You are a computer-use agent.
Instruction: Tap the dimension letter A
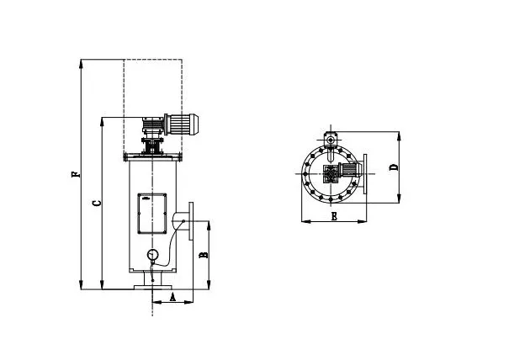click(172, 297)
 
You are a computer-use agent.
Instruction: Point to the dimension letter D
click(394, 167)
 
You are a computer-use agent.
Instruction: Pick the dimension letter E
click(334, 217)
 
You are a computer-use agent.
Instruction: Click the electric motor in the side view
click(181, 124)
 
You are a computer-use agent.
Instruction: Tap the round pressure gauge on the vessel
click(152, 255)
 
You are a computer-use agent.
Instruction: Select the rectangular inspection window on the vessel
click(151, 214)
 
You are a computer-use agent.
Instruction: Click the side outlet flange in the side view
click(193, 220)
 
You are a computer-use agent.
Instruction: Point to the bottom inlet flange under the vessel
click(152, 288)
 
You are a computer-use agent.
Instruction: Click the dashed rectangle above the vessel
click(152, 84)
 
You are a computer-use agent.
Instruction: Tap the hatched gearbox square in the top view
click(331, 177)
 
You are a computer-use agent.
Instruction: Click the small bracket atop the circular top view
click(331, 135)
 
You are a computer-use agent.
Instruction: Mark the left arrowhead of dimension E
click(303, 222)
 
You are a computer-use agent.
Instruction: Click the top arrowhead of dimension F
click(81, 62)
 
